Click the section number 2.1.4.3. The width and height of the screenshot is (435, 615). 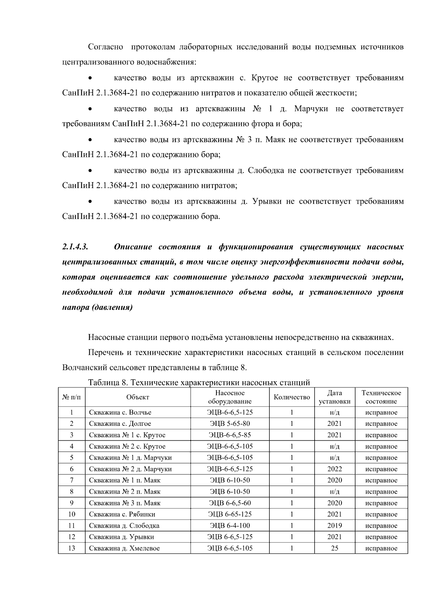point(76,247)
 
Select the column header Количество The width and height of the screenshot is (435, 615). point(292,397)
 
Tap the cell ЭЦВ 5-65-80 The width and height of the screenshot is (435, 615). point(230,424)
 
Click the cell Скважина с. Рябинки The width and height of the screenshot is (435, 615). point(122,514)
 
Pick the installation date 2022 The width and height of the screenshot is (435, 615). point(335,469)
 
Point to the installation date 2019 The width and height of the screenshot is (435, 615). point(335,525)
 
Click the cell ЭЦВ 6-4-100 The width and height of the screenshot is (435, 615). point(230,525)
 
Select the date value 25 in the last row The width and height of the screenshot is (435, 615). point(335,548)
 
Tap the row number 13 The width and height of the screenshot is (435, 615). point(72,548)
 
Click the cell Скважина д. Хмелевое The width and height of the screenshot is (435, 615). point(124,548)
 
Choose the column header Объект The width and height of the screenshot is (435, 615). point(138,397)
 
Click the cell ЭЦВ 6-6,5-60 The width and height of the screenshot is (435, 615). point(230,503)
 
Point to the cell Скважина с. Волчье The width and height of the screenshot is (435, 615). point(120,412)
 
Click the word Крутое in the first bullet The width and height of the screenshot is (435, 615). point(265,78)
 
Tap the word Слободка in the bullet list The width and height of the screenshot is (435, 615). point(266,171)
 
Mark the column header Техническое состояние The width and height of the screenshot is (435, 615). point(381,397)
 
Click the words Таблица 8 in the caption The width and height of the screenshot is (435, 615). point(105,383)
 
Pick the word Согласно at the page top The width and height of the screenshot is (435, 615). point(105,47)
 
